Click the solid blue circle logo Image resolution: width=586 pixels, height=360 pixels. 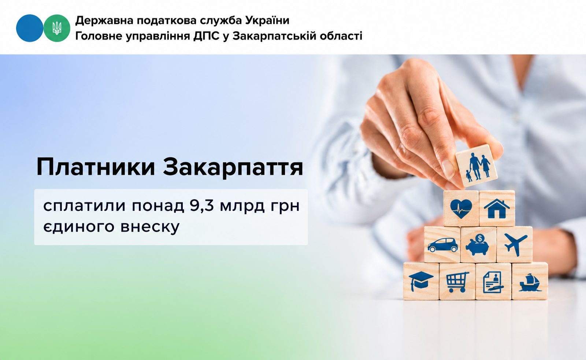pyautogui.click(x=30, y=28)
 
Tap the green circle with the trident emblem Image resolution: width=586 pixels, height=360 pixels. pyautogui.click(x=57, y=28)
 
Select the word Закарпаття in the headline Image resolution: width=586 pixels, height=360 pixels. pyautogui.click(x=233, y=167)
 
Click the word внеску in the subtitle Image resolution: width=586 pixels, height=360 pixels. pyautogui.click(x=150, y=227)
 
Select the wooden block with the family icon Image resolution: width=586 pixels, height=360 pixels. pyautogui.click(x=476, y=165)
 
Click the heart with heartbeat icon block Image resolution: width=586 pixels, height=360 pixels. pyautogui.click(x=461, y=208)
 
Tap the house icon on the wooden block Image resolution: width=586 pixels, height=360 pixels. pyautogui.click(x=497, y=208)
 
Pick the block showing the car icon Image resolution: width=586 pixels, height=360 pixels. pyautogui.click(x=442, y=245)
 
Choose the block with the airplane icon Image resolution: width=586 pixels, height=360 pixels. pyautogui.click(x=515, y=245)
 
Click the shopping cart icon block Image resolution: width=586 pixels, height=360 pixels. pyautogui.click(x=457, y=281)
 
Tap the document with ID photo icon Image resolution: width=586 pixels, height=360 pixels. pyautogui.click(x=493, y=282)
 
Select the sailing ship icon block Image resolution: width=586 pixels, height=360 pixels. pyautogui.click(x=530, y=281)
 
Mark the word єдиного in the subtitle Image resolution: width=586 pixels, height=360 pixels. pyautogui.click(x=79, y=227)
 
